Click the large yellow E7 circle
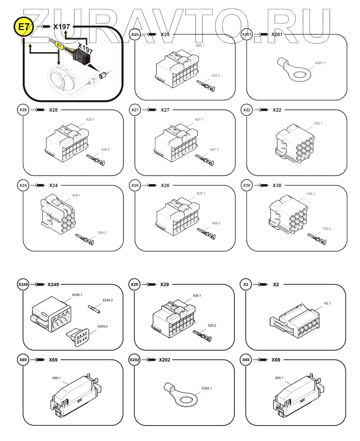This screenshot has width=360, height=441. [23, 27]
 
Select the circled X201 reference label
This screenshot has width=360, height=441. [246, 34]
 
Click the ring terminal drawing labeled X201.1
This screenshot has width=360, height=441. [296, 70]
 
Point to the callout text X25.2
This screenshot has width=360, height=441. [215, 76]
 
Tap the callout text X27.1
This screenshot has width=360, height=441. [199, 119]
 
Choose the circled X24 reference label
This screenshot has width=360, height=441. [23, 186]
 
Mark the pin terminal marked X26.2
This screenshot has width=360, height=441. [206, 233]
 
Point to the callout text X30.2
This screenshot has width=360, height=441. [326, 229]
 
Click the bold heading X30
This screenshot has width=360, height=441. [277, 186]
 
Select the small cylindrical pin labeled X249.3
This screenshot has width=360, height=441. [94, 309]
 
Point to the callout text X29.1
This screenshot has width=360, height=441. [197, 296]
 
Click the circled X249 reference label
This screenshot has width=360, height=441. [23, 285]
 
